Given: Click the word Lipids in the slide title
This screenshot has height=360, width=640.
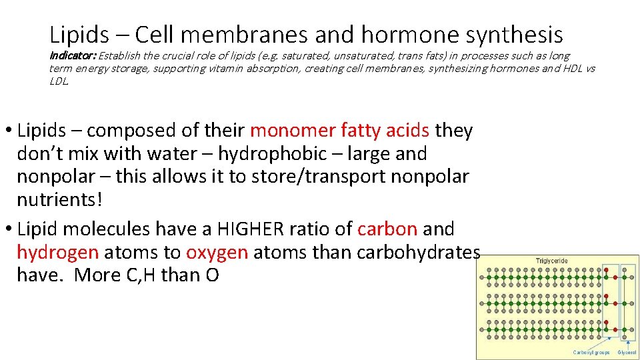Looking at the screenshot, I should click(x=77, y=34).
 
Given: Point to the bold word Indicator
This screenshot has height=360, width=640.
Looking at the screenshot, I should click(x=72, y=56).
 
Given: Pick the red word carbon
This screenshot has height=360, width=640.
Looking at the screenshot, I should click(x=387, y=229).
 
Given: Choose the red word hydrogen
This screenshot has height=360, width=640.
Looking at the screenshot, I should click(x=57, y=252).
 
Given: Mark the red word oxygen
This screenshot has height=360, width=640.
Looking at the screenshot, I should click(x=217, y=252).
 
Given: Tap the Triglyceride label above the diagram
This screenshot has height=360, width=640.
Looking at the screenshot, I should click(x=552, y=260).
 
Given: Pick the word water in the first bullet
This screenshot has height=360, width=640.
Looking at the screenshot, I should click(x=169, y=153).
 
